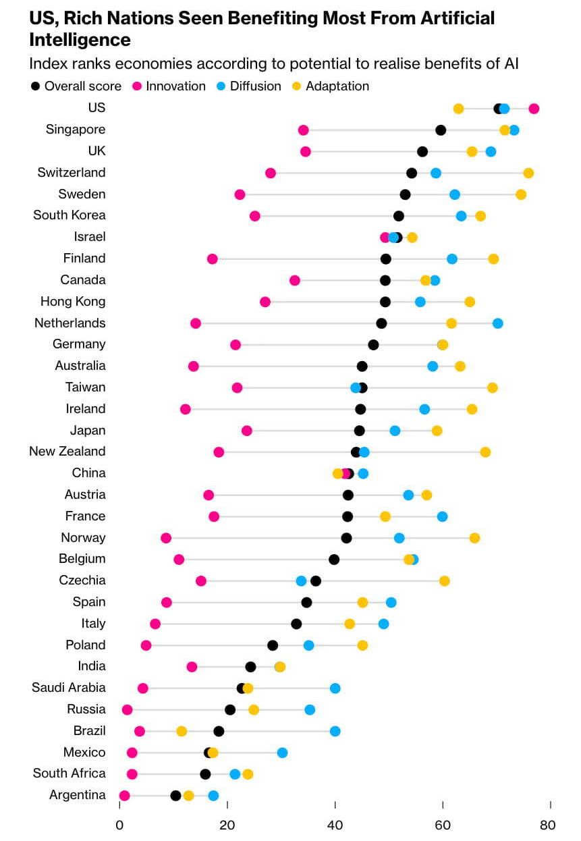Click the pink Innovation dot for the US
coord(534,109)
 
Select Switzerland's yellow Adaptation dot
coord(528,173)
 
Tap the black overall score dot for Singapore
coord(441,130)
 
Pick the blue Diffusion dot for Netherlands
coord(497,323)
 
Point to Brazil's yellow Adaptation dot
coord(182,731)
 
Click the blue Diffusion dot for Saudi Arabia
coord(335,688)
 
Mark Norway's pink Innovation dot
coord(166,538)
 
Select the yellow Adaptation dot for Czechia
coord(444,580)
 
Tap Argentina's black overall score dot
coord(175,796)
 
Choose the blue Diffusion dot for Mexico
coord(282,753)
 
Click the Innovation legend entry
coord(175,86)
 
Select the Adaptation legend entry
coord(337,86)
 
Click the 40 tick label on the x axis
coord(335,825)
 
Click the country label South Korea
coord(70,215)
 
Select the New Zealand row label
coord(67,452)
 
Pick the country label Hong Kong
coord(73,302)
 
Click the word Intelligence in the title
coord(80,40)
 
